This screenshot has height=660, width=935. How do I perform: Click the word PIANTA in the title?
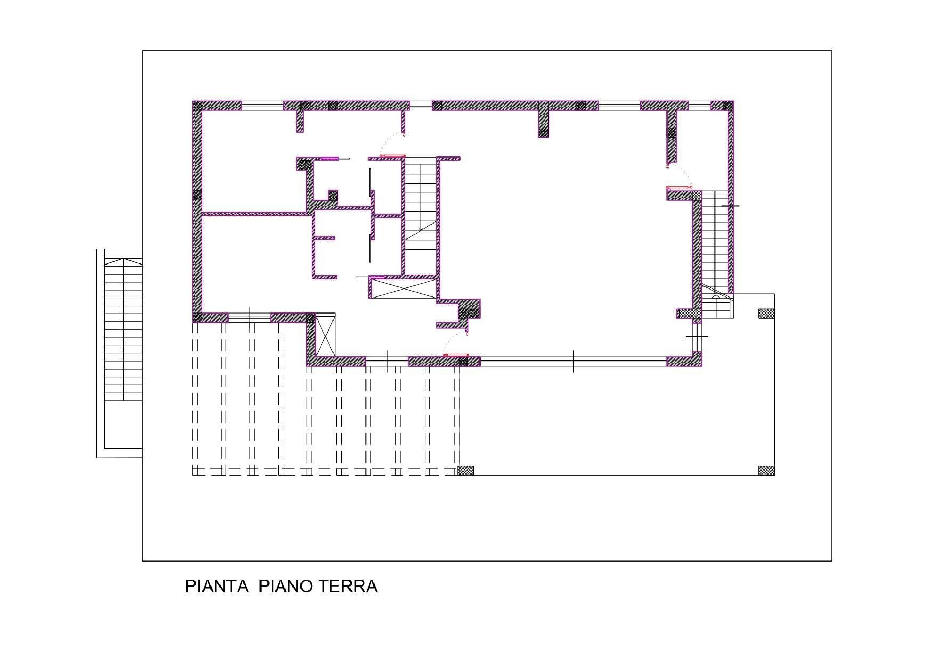[x=216, y=587]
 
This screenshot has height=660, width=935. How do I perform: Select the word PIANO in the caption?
[x=286, y=587]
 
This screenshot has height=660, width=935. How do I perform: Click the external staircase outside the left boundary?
[x=123, y=329]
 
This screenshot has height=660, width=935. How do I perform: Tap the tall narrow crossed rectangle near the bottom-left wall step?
[x=326, y=335]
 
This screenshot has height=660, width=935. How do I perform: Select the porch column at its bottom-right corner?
[x=766, y=471]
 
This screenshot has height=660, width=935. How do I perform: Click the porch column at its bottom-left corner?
[x=466, y=471]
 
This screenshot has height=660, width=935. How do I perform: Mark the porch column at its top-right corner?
[x=766, y=313]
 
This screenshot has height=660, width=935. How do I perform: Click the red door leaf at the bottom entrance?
[x=456, y=355]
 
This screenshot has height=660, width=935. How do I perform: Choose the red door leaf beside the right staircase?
[x=679, y=188]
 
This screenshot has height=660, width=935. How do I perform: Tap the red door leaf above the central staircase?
[x=393, y=156]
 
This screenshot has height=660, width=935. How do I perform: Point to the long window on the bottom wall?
[x=573, y=361]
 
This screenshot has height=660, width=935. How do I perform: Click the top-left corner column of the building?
[x=198, y=105]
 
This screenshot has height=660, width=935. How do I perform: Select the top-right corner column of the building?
[x=728, y=105]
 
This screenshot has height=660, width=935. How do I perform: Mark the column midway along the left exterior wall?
[x=198, y=195]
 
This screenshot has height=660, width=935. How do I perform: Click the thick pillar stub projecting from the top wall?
[x=543, y=120]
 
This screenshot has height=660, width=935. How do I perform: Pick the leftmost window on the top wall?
[x=263, y=105]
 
